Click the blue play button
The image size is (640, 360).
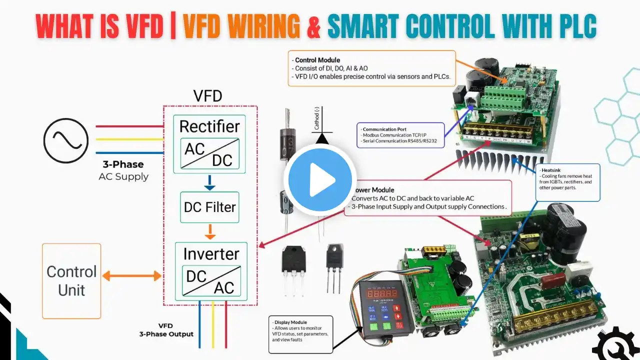click(x=320, y=179)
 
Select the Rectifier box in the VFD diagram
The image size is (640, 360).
click(x=209, y=143)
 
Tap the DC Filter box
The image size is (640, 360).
click(x=209, y=207)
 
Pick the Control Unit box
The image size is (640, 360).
click(x=71, y=280)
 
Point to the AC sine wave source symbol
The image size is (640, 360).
click(x=66, y=139)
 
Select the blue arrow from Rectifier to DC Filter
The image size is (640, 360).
click(x=210, y=182)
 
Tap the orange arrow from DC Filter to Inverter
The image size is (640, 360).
click(x=210, y=231)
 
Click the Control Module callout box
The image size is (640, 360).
click(x=372, y=68)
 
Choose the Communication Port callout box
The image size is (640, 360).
click(x=400, y=135)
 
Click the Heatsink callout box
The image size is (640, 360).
click(x=567, y=182)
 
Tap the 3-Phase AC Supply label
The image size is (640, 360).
click(x=123, y=170)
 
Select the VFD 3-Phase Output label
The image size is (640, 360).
click(x=166, y=330)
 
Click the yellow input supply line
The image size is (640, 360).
click(x=130, y=139)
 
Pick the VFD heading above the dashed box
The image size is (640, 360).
click(x=207, y=95)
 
